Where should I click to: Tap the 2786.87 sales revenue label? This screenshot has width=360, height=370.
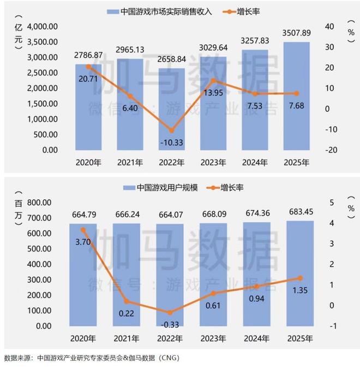coord(88,55)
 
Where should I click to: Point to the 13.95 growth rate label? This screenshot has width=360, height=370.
coord(213,93)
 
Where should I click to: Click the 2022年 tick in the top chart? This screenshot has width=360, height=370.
coord(171,162)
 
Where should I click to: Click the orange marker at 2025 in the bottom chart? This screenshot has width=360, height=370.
coord(299,278)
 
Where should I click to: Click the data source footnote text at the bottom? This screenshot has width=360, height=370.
coord(91,358)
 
